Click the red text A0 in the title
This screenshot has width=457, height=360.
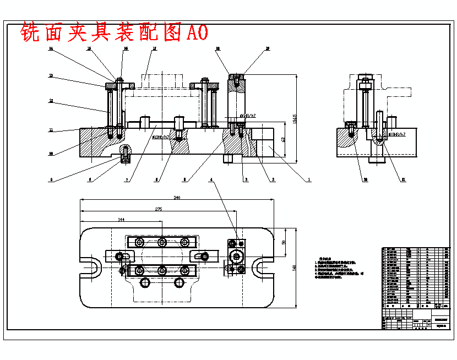(197, 33)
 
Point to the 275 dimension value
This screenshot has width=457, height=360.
(158, 209)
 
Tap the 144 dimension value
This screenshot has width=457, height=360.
(121, 219)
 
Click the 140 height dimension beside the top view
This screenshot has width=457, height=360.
(295, 268)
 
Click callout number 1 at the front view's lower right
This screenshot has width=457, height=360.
(309, 179)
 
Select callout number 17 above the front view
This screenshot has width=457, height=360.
(155, 49)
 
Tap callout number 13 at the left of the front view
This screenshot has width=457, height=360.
(50, 75)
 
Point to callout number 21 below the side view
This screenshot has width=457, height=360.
(404, 179)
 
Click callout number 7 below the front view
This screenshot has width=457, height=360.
(127, 179)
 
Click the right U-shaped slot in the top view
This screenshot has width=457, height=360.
(260, 268)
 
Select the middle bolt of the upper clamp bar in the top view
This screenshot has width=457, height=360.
(161, 242)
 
